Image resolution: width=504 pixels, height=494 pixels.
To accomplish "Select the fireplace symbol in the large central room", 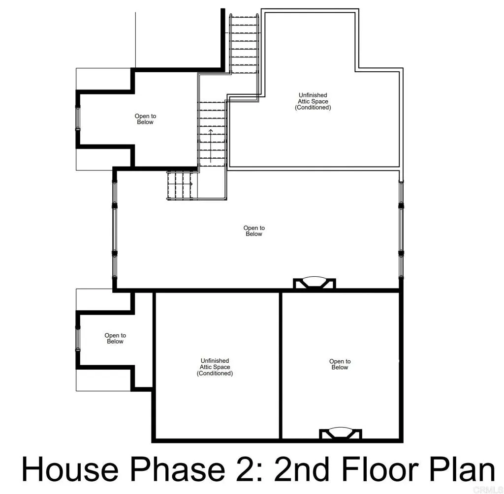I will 314,283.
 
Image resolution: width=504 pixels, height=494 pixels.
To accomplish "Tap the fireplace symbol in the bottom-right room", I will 341,434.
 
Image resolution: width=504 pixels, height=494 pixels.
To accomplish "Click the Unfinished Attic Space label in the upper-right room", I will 313,101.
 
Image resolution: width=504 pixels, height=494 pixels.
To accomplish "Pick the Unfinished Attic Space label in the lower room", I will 215,367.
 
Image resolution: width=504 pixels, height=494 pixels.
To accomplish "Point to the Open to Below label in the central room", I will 254,231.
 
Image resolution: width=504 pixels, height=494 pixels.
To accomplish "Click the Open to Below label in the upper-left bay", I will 145,119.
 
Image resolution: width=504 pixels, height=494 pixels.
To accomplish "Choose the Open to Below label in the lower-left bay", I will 115,339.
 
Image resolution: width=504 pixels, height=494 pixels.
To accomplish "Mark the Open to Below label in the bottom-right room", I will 340,364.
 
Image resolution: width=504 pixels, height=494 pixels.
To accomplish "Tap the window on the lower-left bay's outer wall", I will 77,339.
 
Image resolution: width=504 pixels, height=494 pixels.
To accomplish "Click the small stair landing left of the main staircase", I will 182,185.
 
